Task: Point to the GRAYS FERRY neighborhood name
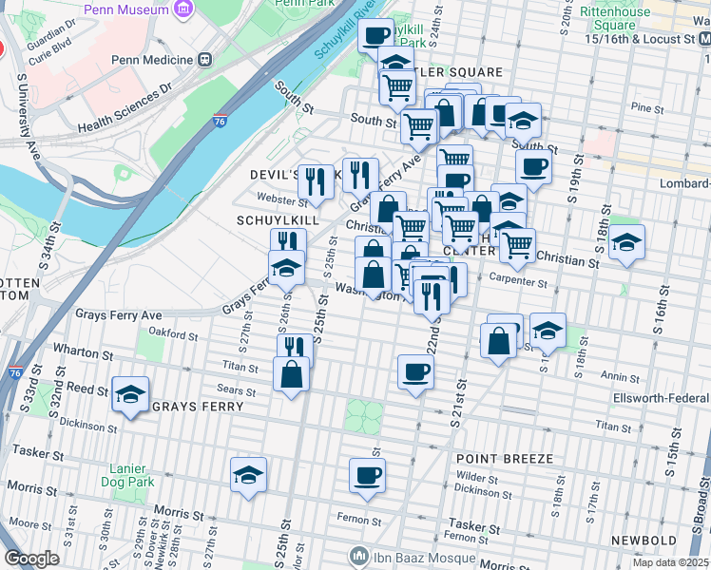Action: (198, 407)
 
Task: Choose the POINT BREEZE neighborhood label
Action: (504, 459)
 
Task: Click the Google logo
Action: (31, 558)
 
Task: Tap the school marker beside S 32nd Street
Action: (130, 396)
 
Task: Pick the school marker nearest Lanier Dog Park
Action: (248, 476)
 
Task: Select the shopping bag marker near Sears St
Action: (291, 375)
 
